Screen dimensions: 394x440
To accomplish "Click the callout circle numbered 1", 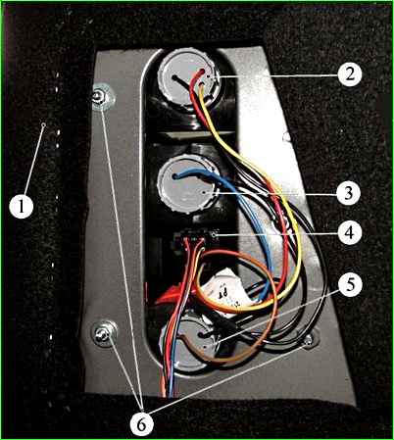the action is pos(22,207).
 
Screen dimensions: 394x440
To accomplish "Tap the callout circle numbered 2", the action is pos(350,74).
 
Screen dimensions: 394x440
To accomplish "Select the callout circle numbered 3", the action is pos(349,193).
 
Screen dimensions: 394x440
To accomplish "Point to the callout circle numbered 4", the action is pos(350,233).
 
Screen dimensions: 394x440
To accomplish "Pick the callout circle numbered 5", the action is pos(350,285).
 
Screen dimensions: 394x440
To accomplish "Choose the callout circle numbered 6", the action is pos(141,424).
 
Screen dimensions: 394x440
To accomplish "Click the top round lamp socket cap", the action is pos(188,80).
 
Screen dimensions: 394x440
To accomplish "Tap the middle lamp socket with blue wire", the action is pos(187,185).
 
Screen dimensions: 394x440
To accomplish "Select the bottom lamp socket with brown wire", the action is pos(188,342).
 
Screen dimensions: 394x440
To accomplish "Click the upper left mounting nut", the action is pos(103,97).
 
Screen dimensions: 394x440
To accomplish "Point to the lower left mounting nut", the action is pos(104,333).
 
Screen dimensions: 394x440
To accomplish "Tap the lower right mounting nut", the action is pos(308,340).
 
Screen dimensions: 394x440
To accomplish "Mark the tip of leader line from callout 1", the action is pos(44,124).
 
